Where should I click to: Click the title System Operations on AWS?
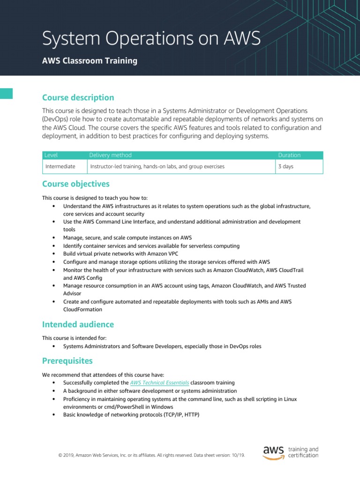click(x=151, y=38)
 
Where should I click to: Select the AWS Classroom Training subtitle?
click(x=90, y=61)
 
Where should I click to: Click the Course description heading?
click(x=78, y=97)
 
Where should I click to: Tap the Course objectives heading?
click(x=76, y=184)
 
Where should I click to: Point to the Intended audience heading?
click(x=78, y=324)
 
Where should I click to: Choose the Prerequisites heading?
click(x=67, y=361)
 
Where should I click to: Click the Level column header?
click(x=51, y=155)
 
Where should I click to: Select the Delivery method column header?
click(x=111, y=155)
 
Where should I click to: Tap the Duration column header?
click(x=289, y=155)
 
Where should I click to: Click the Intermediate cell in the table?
click(x=60, y=166)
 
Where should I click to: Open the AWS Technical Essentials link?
click(x=159, y=383)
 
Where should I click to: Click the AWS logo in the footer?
click(x=273, y=452)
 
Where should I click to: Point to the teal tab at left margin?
click(x=6, y=93)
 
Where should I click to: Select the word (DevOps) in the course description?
click(x=56, y=119)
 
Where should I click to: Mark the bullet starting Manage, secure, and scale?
click(x=127, y=238)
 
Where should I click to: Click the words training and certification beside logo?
click(x=303, y=452)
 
